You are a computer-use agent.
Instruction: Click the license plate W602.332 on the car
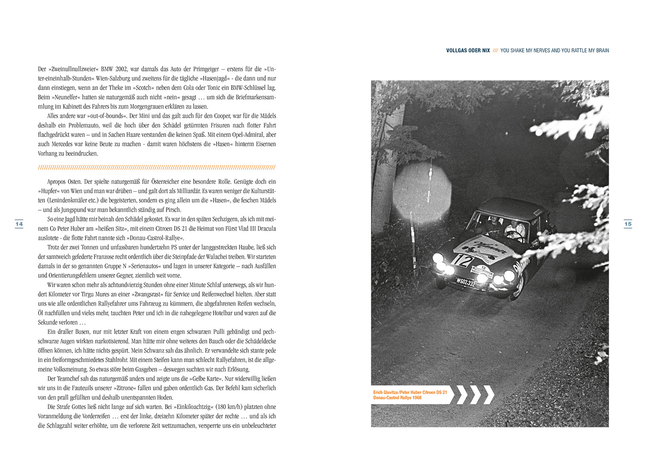click(465, 282)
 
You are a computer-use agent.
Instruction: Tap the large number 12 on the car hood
click(462, 260)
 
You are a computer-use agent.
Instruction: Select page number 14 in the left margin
click(19, 224)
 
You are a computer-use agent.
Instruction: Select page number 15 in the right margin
click(628, 224)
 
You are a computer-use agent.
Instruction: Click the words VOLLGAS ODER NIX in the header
click(468, 51)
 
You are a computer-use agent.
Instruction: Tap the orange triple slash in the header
click(495, 51)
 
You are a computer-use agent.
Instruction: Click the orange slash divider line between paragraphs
click(157, 168)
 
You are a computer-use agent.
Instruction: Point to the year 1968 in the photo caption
click(417, 398)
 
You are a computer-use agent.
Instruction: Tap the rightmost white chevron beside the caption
click(488, 395)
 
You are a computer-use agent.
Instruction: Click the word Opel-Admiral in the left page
click(248, 135)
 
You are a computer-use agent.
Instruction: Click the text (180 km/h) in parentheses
click(227, 407)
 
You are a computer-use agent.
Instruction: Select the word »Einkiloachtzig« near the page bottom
click(193, 407)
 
